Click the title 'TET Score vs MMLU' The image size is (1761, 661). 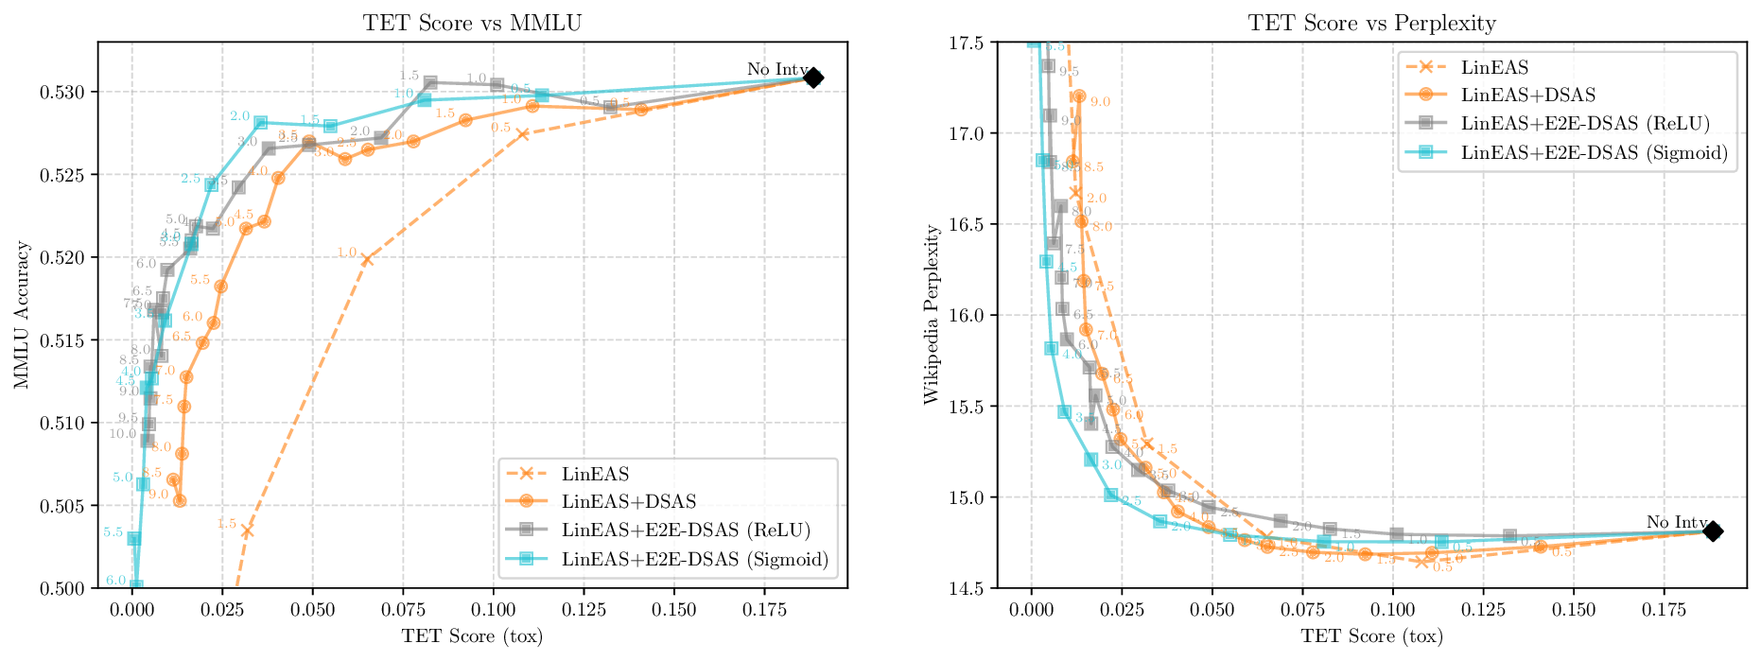point(472,23)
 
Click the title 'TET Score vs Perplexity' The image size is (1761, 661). point(1371,23)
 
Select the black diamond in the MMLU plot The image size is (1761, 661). point(813,78)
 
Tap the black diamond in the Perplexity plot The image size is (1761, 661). point(1713,531)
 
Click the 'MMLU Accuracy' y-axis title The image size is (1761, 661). point(23,315)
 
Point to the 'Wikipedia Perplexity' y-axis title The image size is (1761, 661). point(932,315)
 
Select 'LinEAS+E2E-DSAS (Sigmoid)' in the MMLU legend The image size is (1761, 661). point(694,559)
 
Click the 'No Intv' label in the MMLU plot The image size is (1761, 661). point(776,69)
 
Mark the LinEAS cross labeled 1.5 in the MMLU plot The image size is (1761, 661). point(247,531)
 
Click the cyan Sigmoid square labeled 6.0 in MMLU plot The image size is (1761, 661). point(136,586)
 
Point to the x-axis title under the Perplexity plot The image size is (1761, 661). point(1371,635)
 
